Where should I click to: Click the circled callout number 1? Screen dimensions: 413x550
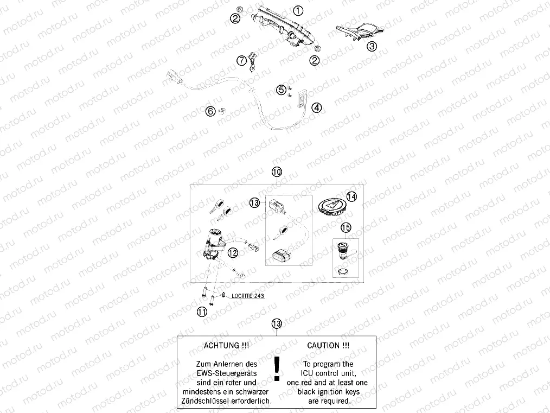pos(298,10)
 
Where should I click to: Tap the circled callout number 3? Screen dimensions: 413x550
pos(372,47)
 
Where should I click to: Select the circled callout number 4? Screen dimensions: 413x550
pos(317,107)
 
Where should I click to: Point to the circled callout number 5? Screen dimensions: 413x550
pos(281,90)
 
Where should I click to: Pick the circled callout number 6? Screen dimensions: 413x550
pos(210,111)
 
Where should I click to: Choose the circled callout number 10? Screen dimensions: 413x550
pos(277,172)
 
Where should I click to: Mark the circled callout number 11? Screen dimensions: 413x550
pos(202,312)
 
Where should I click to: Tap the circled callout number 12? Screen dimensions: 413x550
pos(233,252)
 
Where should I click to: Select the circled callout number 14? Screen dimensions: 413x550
pos(351,196)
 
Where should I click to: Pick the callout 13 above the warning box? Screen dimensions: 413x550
pos(277,324)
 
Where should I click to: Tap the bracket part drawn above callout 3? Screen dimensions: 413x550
pos(361,31)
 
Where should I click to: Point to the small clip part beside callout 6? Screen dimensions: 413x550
pos(221,111)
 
